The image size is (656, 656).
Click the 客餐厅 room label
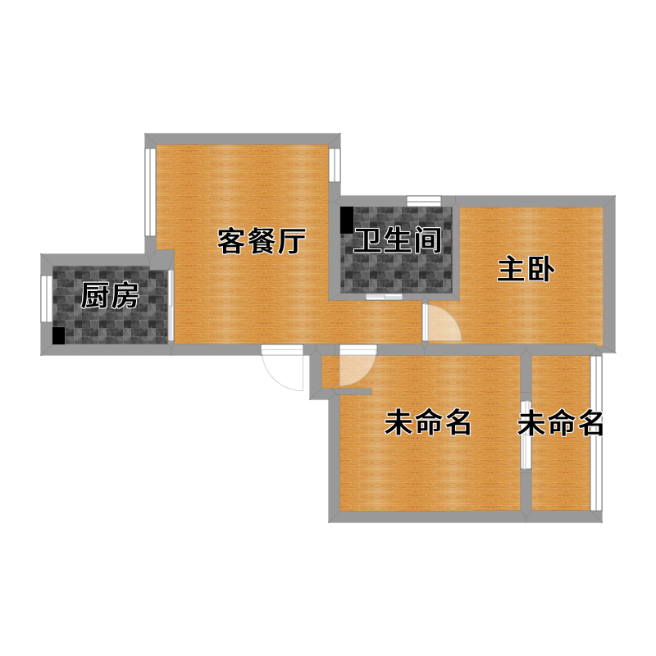click(x=262, y=241)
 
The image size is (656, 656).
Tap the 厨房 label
click(x=110, y=295)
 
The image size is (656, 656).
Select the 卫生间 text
click(x=398, y=240)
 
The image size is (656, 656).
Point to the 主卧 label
click(x=526, y=270)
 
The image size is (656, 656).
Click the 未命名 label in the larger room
click(x=427, y=422)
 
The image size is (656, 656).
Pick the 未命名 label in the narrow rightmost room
click(x=560, y=423)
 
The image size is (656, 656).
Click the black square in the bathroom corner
click(x=347, y=221)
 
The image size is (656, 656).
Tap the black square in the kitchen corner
click(x=58, y=336)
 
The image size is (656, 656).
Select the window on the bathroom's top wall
click(x=424, y=201)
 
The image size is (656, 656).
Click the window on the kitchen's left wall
click(x=46, y=298)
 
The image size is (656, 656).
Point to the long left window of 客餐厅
click(x=150, y=192)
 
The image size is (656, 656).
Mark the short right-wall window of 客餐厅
click(x=335, y=165)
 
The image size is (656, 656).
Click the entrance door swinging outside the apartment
click(x=282, y=367)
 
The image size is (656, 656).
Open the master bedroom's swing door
click(x=441, y=322)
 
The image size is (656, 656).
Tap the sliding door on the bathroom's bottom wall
click(x=384, y=297)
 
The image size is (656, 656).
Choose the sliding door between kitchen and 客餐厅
click(x=171, y=305)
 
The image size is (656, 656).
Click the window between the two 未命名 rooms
click(x=526, y=435)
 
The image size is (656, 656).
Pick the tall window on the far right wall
click(x=596, y=433)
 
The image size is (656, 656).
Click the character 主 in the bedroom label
click(x=510, y=270)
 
